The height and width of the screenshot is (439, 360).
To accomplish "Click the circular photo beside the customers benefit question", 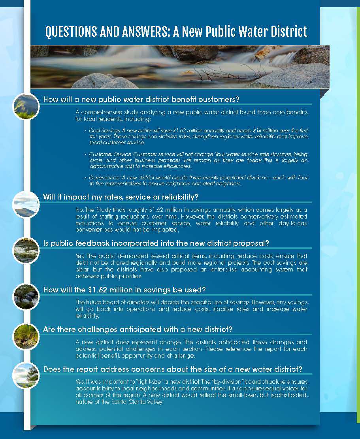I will click(x=26, y=106).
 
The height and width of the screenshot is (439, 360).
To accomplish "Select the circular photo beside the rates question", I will click(x=26, y=204).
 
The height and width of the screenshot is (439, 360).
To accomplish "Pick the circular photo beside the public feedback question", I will click(x=26, y=251).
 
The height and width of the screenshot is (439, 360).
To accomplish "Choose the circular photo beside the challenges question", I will click(x=26, y=336).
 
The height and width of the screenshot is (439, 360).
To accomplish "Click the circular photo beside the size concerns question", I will click(x=26, y=375).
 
